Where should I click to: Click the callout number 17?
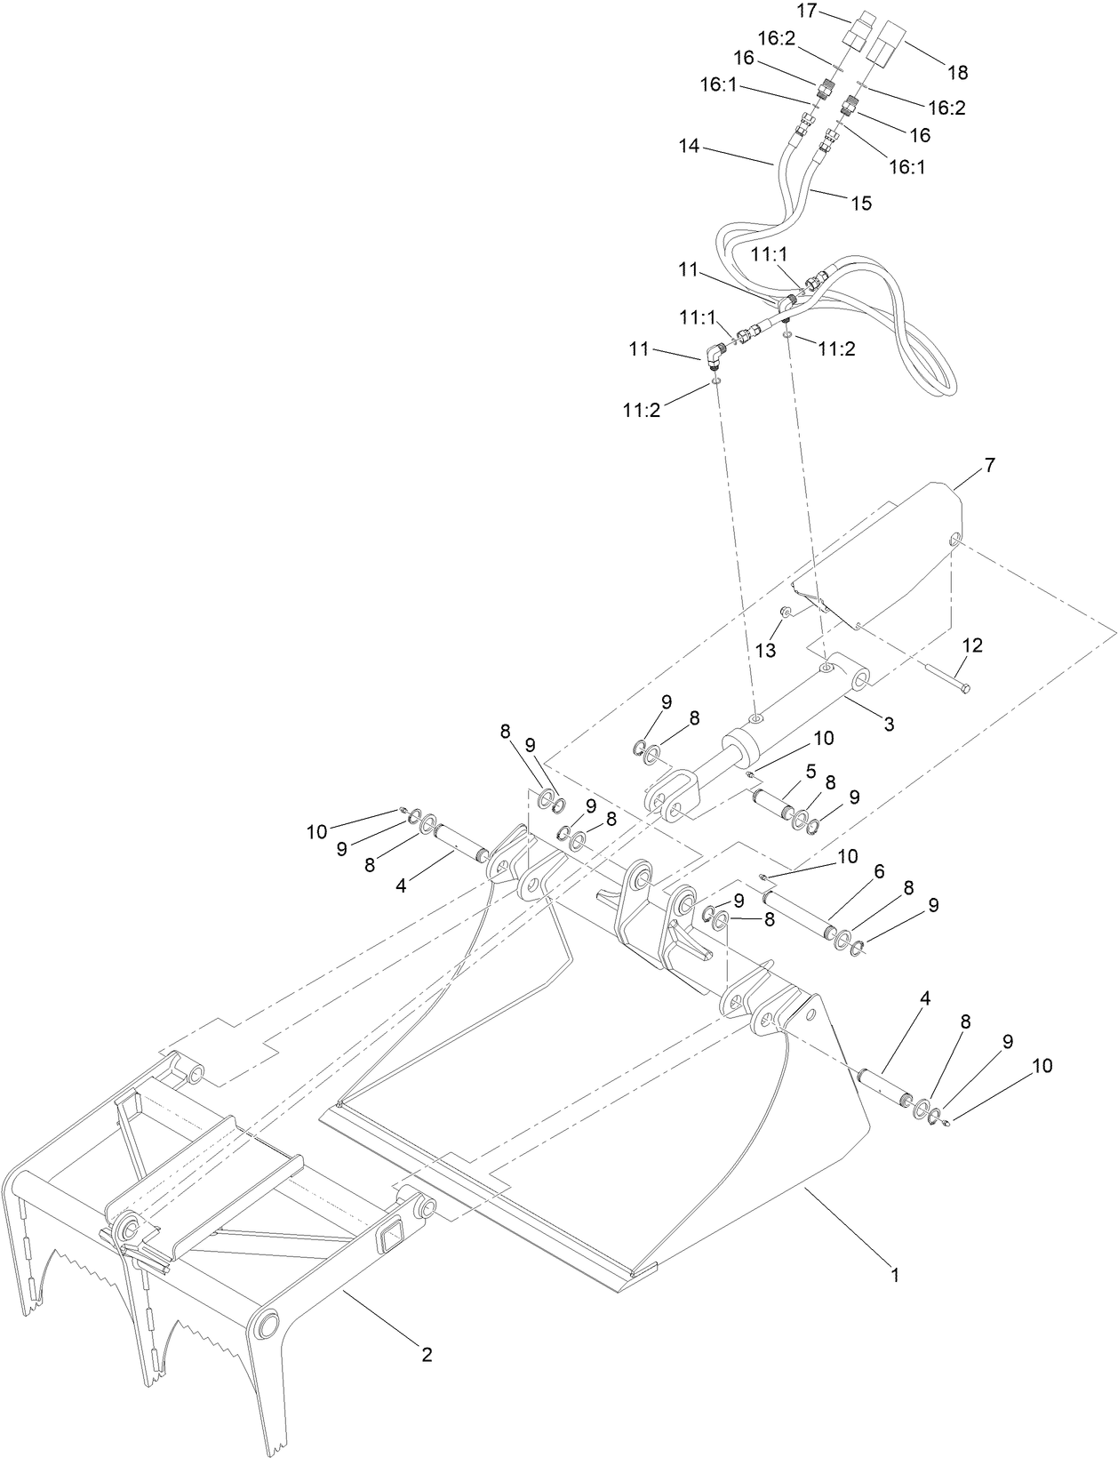coord(806,11)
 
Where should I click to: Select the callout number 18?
coord(957,71)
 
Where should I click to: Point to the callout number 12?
coord(972,645)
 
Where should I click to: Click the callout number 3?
coord(888,725)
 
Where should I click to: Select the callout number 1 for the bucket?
coord(896,1275)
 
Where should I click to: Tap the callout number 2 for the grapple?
coord(427,1355)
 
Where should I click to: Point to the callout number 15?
coord(861,203)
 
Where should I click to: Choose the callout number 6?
coord(878,872)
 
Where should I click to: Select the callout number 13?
coord(765,651)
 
